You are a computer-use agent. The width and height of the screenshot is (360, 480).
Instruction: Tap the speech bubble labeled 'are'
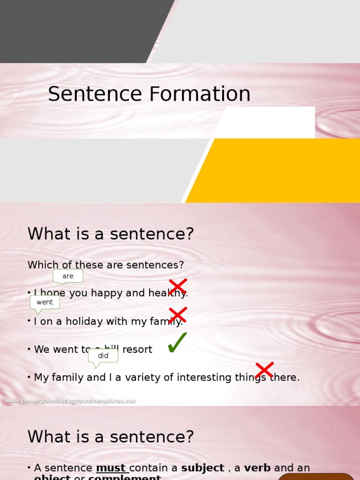click(x=68, y=276)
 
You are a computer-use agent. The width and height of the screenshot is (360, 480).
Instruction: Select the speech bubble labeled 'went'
click(x=45, y=302)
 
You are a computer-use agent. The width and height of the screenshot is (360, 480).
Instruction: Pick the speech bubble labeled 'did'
click(x=103, y=356)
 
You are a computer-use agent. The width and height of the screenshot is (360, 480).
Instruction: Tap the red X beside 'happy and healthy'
click(x=178, y=286)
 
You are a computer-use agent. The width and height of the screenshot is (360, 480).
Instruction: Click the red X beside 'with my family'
click(x=178, y=315)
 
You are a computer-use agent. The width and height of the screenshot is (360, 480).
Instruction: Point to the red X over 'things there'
click(x=264, y=370)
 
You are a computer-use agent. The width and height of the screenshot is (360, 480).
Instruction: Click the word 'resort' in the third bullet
click(x=137, y=349)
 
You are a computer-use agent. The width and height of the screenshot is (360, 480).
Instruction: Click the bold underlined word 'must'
click(x=112, y=468)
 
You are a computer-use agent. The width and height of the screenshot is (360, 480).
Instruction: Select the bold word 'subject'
click(x=202, y=468)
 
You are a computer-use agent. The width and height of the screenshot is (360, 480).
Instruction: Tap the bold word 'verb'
click(x=257, y=468)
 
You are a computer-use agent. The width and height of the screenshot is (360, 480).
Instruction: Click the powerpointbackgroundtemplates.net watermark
click(x=70, y=401)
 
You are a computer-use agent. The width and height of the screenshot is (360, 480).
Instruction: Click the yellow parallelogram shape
click(x=281, y=171)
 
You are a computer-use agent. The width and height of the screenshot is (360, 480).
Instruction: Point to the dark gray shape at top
click(x=80, y=30)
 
